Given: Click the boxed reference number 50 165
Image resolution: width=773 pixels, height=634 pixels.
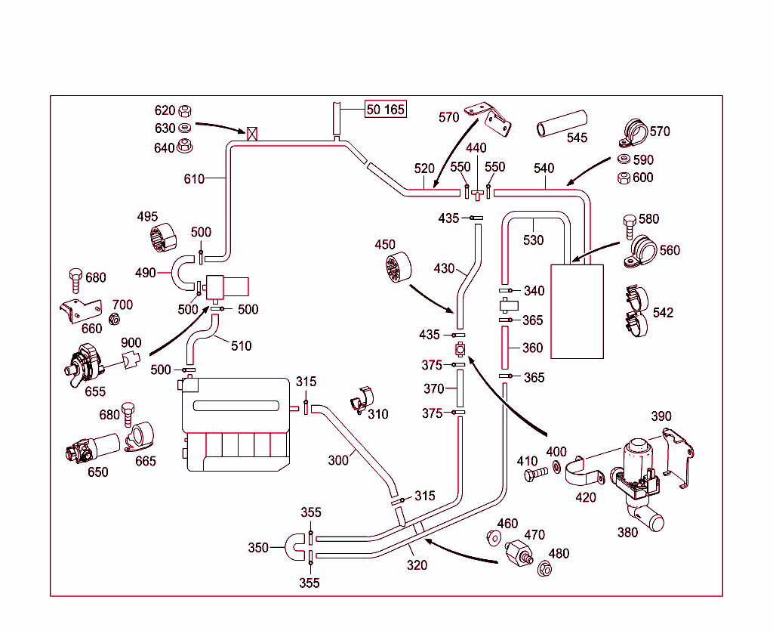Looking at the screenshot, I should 386,110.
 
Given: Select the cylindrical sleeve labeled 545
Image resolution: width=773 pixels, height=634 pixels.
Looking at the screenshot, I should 562,124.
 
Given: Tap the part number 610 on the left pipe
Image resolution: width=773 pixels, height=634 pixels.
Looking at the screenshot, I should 195,179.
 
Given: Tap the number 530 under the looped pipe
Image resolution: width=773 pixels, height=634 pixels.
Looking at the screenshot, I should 533,240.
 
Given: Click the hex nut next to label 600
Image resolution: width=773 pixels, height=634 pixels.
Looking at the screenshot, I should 624,178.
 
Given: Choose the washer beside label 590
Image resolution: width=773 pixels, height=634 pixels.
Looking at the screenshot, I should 624,160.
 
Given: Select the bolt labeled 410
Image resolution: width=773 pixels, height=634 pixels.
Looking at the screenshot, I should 535,475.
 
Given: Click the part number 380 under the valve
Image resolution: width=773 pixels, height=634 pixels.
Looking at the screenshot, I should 627,532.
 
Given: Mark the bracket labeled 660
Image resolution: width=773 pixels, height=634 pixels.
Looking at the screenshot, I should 79,311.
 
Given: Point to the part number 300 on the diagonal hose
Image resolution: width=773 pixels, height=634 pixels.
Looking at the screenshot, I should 338,459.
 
